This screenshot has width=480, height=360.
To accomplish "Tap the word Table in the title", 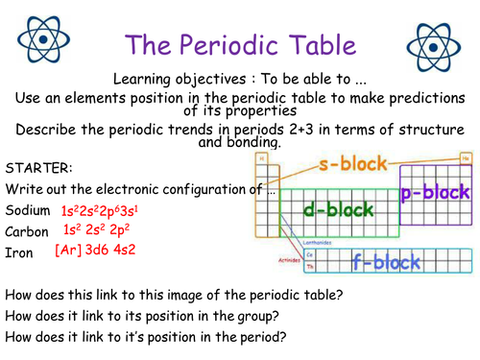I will click(324, 45).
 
